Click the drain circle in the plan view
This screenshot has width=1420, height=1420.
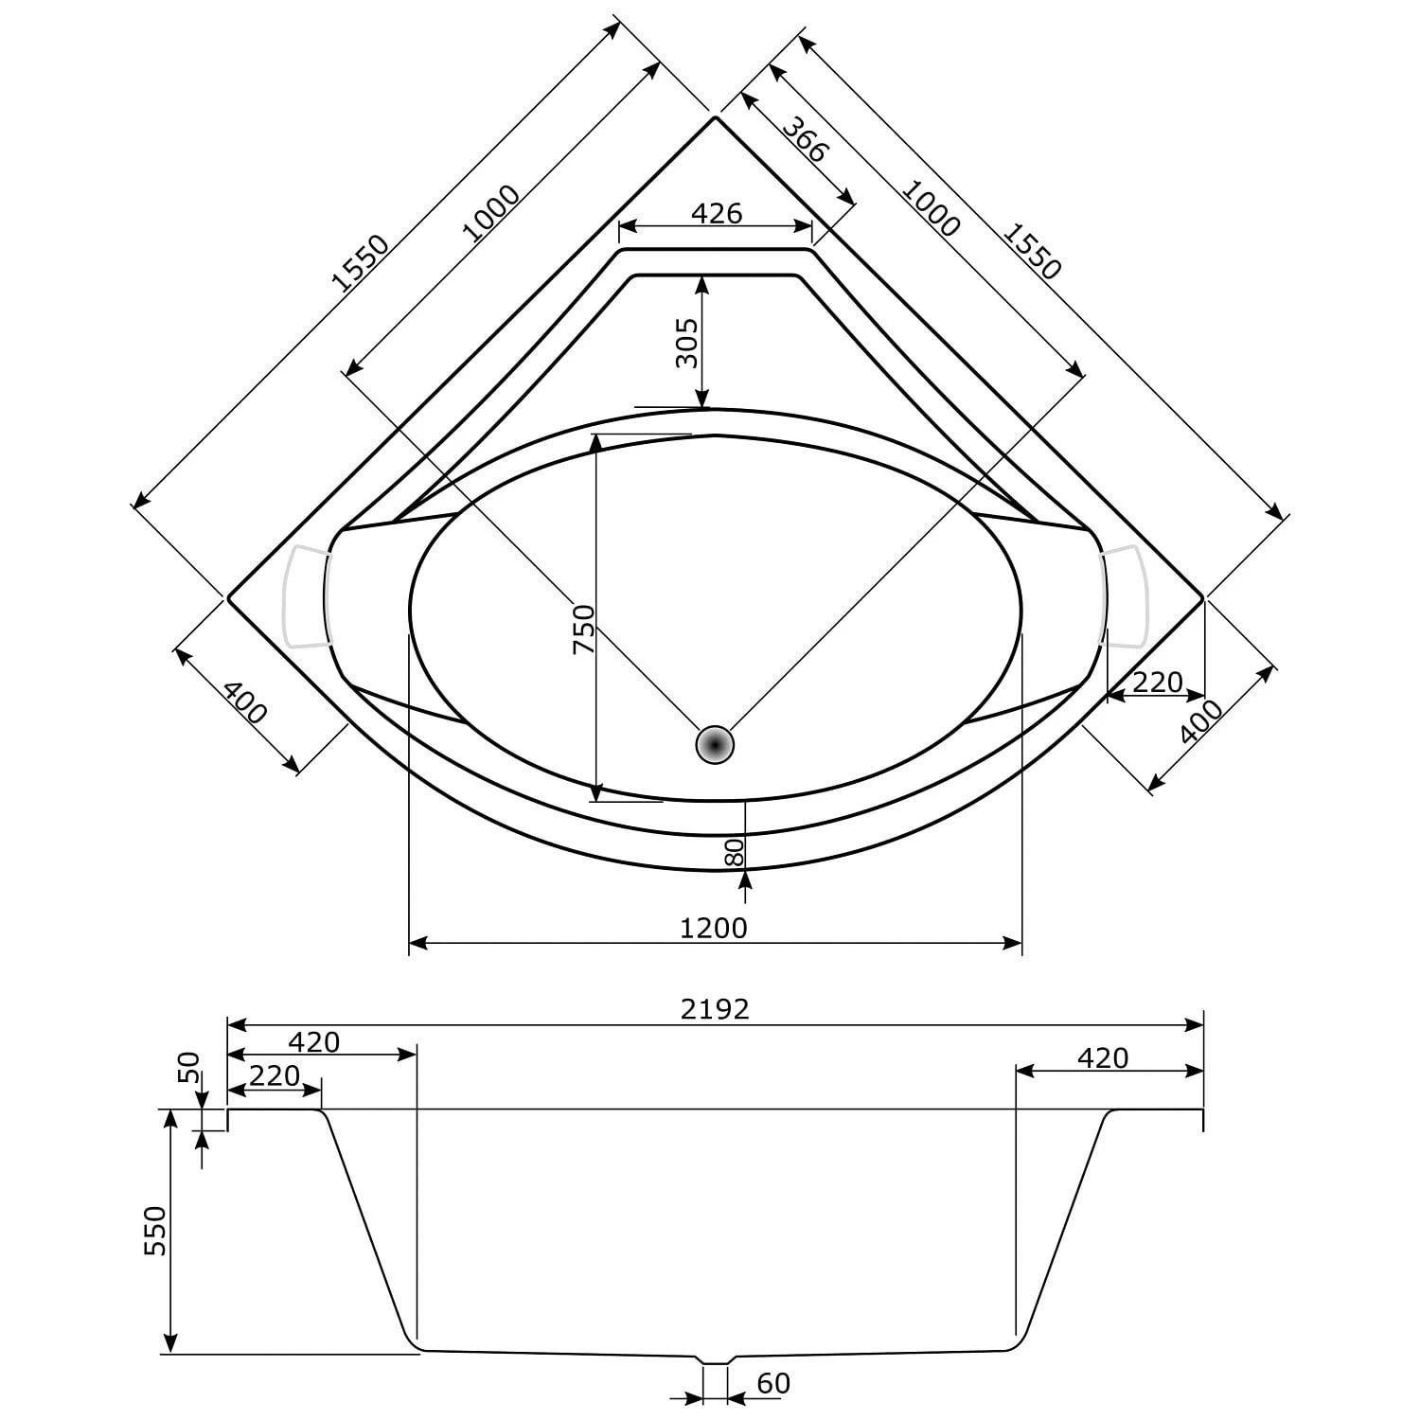click(715, 745)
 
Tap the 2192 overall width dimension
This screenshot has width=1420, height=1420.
click(715, 1009)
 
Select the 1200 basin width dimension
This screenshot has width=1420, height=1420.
click(714, 928)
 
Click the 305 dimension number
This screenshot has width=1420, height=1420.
click(687, 343)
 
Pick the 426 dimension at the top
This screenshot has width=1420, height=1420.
click(717, 213)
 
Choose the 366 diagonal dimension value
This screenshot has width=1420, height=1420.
click(807, 139)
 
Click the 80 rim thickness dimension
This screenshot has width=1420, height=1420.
click(735, 852)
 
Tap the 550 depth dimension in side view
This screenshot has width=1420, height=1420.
click(154, 1231)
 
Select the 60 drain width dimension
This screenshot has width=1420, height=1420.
click(773, 1384)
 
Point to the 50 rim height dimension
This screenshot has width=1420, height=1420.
click(190, 1067)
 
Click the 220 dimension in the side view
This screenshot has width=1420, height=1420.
click(274, 1075)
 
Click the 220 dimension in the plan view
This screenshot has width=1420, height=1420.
click(1158, 682)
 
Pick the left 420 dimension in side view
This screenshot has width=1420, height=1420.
click(313, 1041)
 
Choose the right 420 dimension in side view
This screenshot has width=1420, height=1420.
click(1103, 1056)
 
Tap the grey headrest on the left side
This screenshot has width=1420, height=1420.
click(307, 596)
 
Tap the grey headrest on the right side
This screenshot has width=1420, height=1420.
click(1124, 596)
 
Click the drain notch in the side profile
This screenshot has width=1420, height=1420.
click(715, 1359)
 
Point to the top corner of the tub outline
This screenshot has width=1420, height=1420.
click(716, 116)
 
